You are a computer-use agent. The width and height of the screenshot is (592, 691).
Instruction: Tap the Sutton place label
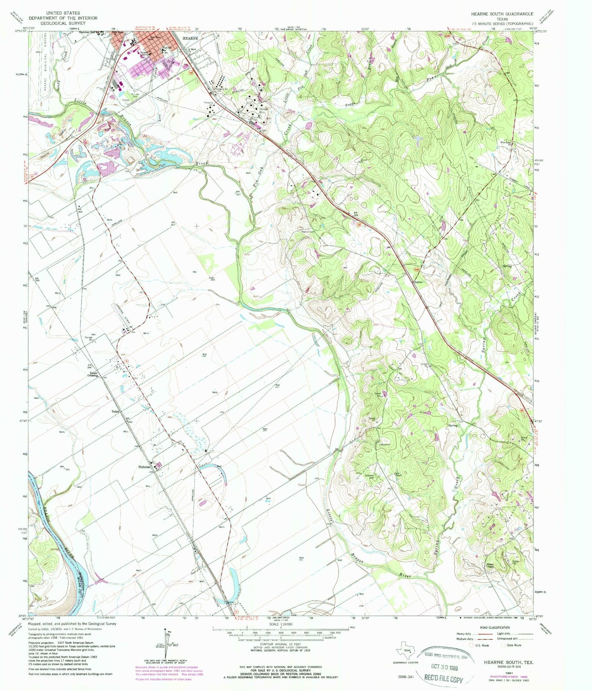pos(418,282)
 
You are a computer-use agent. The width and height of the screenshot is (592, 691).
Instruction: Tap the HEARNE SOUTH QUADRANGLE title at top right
pos(502,14)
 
